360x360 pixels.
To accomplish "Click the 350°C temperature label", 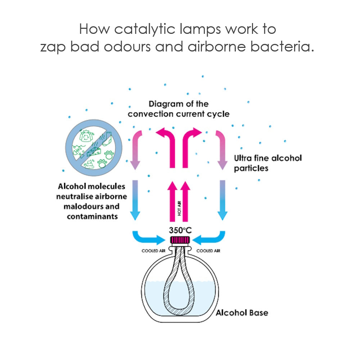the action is [180, 230].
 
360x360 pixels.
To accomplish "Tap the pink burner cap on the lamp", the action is [180, 240].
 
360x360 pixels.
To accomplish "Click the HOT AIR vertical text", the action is [179, 208].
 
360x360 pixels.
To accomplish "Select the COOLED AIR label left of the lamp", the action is [153, 251].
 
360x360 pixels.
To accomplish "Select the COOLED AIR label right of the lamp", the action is [208, 251].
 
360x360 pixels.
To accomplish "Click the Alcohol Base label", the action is [242, 313].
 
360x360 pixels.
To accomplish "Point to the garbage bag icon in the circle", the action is [86, 136].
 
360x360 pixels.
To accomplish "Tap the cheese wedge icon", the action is [94, 152].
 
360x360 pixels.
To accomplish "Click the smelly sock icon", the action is [107, 139].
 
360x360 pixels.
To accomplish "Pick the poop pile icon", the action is [89, 164].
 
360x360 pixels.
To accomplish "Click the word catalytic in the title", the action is [145, 29].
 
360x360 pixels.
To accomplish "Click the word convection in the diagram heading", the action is [150, 114].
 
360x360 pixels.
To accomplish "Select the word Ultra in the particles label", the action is [243, 158].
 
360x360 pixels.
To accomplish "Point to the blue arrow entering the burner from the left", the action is [147, 239].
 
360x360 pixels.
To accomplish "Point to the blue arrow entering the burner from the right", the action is [211, 239].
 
